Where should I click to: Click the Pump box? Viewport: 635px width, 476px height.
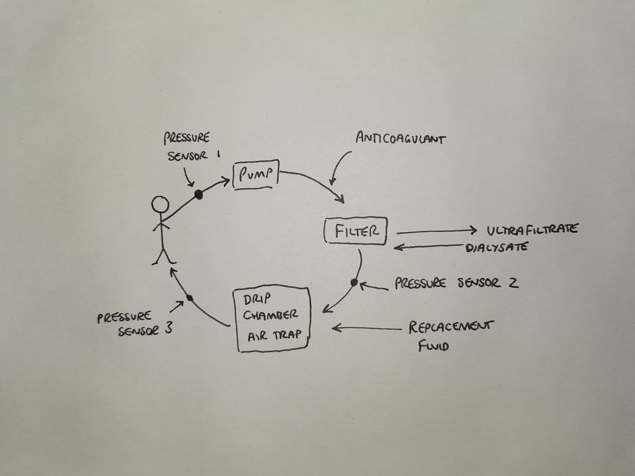tap(256, 174)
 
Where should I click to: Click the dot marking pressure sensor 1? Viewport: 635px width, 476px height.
tap(199, 194)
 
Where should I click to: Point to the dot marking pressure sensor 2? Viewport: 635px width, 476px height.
tap(354, 282)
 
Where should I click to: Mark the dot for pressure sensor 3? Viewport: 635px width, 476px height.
tap(190, 298)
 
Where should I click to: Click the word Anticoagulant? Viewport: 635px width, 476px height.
tap(400, 139)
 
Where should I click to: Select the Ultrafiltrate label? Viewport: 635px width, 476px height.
tap(532, 229)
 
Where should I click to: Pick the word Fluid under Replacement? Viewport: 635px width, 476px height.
tap(433, 346)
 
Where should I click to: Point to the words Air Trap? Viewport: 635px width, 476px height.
tap(274, 335)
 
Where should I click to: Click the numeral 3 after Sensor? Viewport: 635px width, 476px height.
tap(168, 329)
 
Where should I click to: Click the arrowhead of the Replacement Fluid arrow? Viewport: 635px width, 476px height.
tap(335, 328)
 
